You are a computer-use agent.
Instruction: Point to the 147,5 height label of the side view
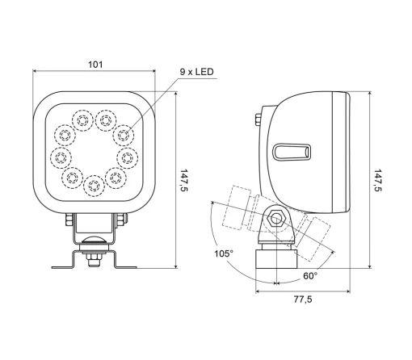[379, 180]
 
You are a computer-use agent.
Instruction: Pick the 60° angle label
[309, 275]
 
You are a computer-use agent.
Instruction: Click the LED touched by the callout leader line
[123, 132]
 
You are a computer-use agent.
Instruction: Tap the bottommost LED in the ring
[95, 186]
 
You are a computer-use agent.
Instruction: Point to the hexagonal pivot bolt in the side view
[276, 218]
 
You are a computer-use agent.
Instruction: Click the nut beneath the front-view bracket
[95, 257]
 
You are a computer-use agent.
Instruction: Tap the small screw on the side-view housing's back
[257, 122]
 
